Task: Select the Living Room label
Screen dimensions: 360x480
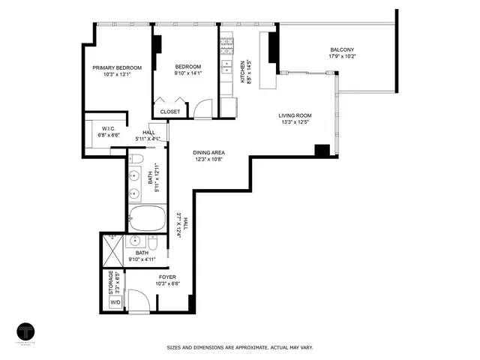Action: point(295,115)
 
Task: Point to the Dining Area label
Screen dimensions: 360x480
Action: point(208,152)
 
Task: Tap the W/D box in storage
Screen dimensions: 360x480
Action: point(115,302)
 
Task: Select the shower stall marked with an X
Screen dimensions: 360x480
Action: point(113,245)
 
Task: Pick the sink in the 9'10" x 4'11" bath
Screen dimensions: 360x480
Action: point(136,241)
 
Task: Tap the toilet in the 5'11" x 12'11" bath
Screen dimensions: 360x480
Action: point(136,160)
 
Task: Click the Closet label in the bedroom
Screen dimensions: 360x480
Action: point(170,112)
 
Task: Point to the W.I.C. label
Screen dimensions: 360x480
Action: point(109,128)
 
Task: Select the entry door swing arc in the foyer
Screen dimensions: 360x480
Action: point(139,301)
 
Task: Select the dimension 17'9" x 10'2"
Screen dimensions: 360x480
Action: point(341,56)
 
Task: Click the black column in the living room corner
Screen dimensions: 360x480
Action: point(322,150)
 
